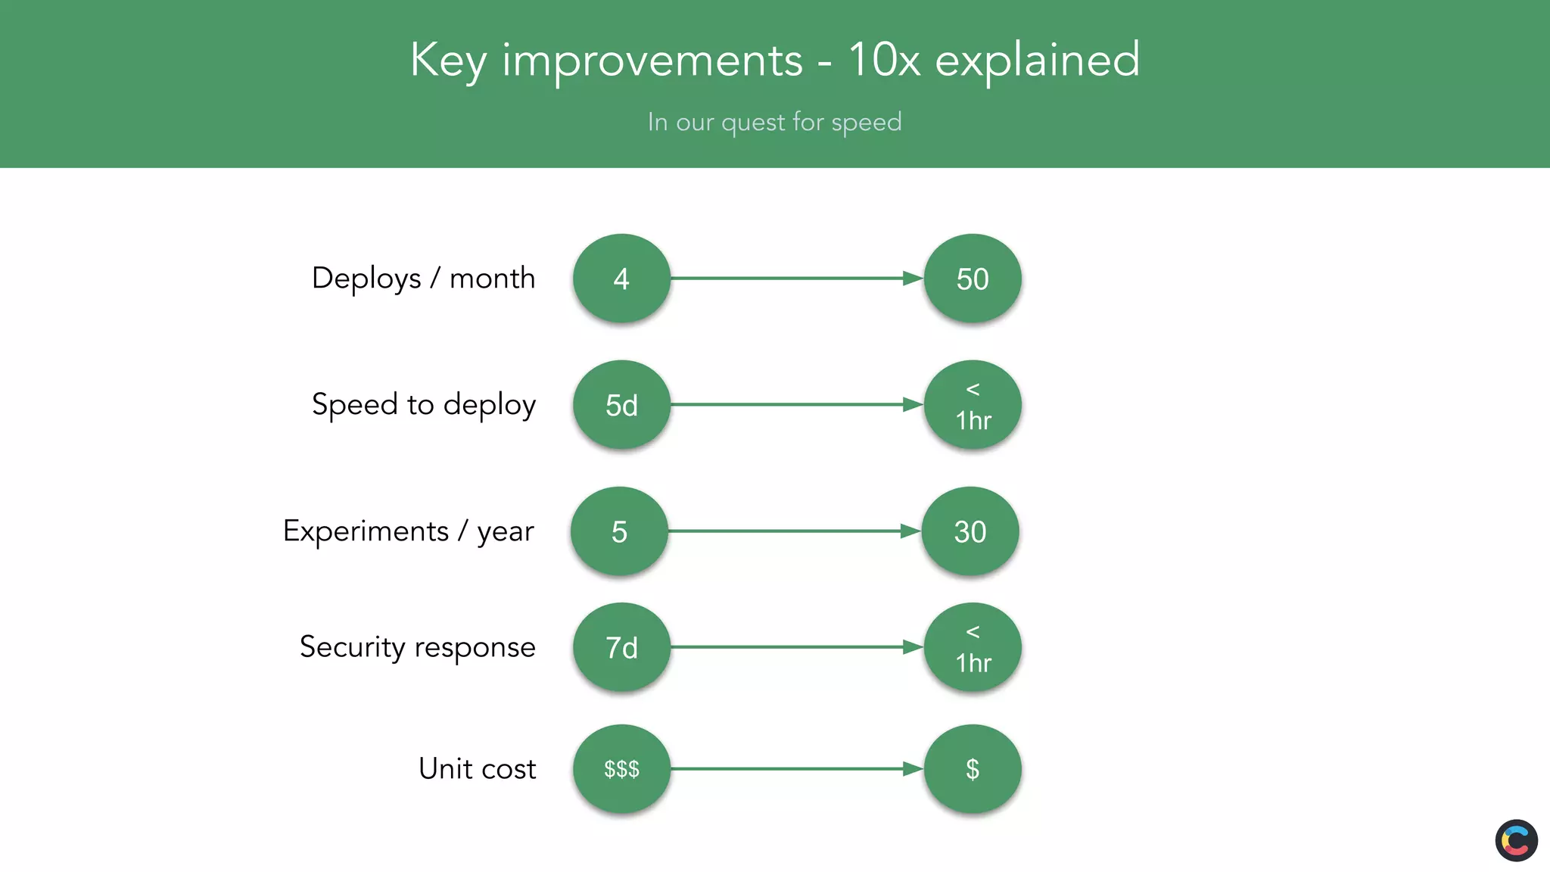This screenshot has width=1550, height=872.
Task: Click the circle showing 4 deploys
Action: click(x=621, y=279)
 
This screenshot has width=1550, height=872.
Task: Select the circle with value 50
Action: click(x=973, y=279)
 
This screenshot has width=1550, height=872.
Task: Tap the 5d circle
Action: click(x=621, y=405)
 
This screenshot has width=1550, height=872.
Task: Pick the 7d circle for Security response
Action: click(x=621, y=647)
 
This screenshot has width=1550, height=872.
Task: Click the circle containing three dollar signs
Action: click(x=621, y=769)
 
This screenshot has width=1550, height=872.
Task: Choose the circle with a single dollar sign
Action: click(x=973, y=769)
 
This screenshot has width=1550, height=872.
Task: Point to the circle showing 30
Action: click(x=970, y=531)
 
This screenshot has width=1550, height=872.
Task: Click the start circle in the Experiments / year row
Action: click(x=619, y=531)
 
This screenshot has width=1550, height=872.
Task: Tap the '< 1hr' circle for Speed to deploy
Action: click(x=973, y=405)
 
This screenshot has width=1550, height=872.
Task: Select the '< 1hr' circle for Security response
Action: click(x=973, y=647)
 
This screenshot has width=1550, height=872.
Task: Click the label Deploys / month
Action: click(x=423, y=279)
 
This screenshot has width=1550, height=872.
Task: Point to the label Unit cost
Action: click(x=477, y=769)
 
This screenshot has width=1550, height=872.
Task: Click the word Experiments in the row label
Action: click(x=366, y=531)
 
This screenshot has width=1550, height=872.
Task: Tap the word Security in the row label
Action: click(x=352, y=647)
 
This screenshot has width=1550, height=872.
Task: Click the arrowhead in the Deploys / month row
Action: click(x=913, y=279)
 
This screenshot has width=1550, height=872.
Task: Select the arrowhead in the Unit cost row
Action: click(x=913, y=769)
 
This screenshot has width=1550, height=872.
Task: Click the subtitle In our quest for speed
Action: click(x=774, y=122)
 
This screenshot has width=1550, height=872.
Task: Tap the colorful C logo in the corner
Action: click(x=1516, y=840)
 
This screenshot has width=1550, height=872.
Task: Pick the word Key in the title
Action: click(x=448, y=61)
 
